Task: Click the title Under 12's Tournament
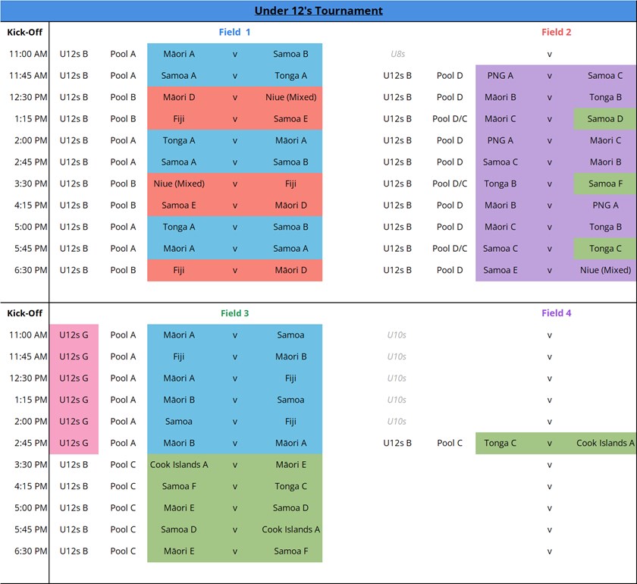[318, 11]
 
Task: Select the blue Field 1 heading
[234, 33]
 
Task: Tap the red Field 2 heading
[556, 33]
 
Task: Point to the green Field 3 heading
[234, 313]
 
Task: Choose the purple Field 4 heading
[556, 313]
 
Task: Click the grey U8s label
[397, 55]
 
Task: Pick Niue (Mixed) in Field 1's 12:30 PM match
[290, 97]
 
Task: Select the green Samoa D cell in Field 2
[604, 119]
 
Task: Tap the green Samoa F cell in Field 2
[604, 184]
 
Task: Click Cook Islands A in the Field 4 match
[605, 443]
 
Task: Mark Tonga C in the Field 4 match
[500, 443]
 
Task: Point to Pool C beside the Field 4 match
[450, 443]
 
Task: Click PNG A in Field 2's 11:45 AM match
[500, 76]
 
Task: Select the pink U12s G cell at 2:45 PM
[74, 443]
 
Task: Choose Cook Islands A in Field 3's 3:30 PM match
[179, 465]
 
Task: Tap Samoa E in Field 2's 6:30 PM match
[500, 270]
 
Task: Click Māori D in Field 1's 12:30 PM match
[179, 97]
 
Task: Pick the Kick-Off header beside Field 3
[24, 313]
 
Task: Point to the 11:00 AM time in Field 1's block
[28, 55]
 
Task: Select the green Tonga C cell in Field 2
[604, 249]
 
